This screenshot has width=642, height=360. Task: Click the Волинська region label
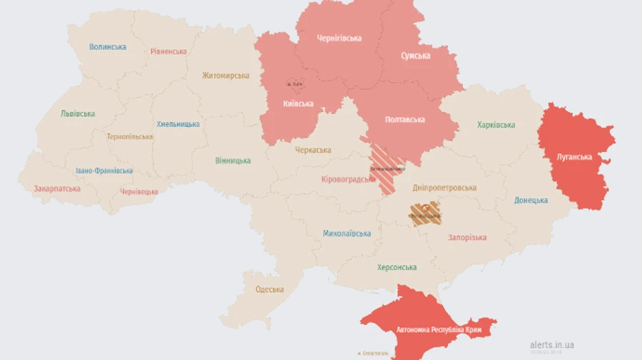(x=108, y=47)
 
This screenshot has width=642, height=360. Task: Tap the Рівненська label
(x=168, y=51)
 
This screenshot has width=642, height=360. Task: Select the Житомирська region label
(x=225, y=76)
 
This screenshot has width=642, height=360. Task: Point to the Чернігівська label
(x=339, y=38)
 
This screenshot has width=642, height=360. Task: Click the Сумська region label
(x=415, y=56)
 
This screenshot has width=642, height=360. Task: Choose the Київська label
(x=297, y=104)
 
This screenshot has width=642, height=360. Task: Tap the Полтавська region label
(x=404, y=120)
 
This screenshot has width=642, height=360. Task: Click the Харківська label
(x=496, y=125)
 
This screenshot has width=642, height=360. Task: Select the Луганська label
(x=574, y=157)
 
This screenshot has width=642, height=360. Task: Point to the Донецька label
(x=531, y=200)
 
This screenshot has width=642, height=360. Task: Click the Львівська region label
(x=78, y=113)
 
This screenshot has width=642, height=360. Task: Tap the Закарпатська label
(x=57, y=189)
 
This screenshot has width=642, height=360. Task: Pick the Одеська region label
(x=270, y=289)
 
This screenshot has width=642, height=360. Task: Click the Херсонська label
(x=397, y=267)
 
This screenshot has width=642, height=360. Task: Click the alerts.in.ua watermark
(x=551, y=345)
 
